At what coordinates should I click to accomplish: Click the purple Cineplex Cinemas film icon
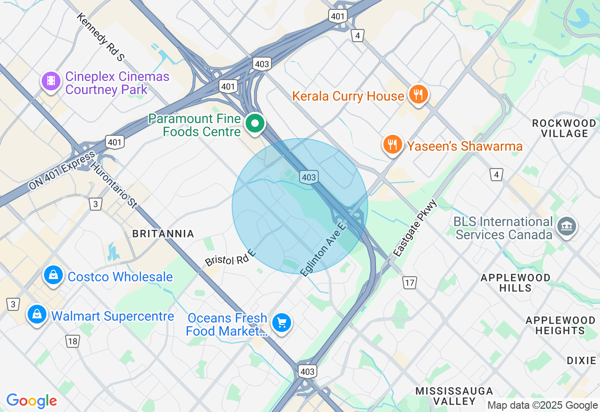pos(52,81)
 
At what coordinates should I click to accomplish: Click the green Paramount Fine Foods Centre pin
pos(255,124)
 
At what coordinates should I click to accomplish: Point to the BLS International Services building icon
pos(566,227)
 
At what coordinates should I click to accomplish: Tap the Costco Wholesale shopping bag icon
pos(54,275)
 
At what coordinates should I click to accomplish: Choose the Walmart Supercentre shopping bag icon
pos(37,315)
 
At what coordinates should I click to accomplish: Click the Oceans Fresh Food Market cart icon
pos(282,323)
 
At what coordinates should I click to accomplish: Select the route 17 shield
pos(409,282)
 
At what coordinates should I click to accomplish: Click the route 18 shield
pos(72,341)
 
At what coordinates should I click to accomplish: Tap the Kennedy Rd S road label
pos(101,37)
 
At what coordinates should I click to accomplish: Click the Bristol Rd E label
pos(230,258)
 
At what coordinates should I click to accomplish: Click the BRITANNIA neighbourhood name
pos(163,234)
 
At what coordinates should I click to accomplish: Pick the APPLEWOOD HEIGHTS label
pos(560,325)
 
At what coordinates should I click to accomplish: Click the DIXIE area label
pos(581,360)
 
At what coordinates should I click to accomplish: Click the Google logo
pos(31,401)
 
